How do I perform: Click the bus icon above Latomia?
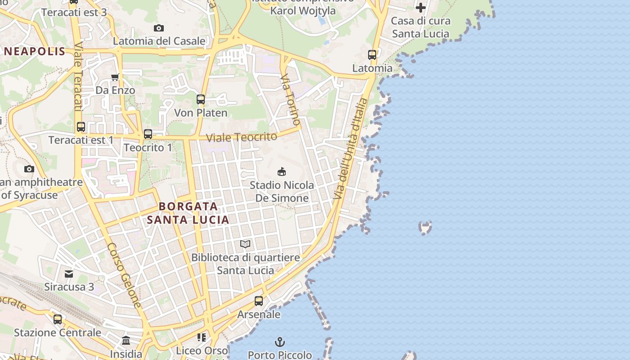(372, 55)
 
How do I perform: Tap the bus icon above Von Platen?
(201, 99)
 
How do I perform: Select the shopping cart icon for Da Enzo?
(115, 77)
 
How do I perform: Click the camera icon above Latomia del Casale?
(158, 28)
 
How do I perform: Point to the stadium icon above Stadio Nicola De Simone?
(282, 171)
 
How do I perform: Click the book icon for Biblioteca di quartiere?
(245, 244)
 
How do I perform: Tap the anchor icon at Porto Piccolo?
(280, 342)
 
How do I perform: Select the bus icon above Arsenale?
(259, 301)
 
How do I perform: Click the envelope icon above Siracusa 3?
(69, 274)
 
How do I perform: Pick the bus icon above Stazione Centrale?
(58, 319)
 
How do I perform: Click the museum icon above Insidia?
(126, 340)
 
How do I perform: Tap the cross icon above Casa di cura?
(420, 8)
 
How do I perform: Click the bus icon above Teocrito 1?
(148, 134)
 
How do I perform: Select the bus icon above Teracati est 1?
(81, 127)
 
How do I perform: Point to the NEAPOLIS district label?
(35, 51)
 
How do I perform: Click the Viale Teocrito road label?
(241, 137)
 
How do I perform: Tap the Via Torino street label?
(290, 100)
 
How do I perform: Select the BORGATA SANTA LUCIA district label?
(188, 213)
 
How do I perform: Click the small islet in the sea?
(425, 227)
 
